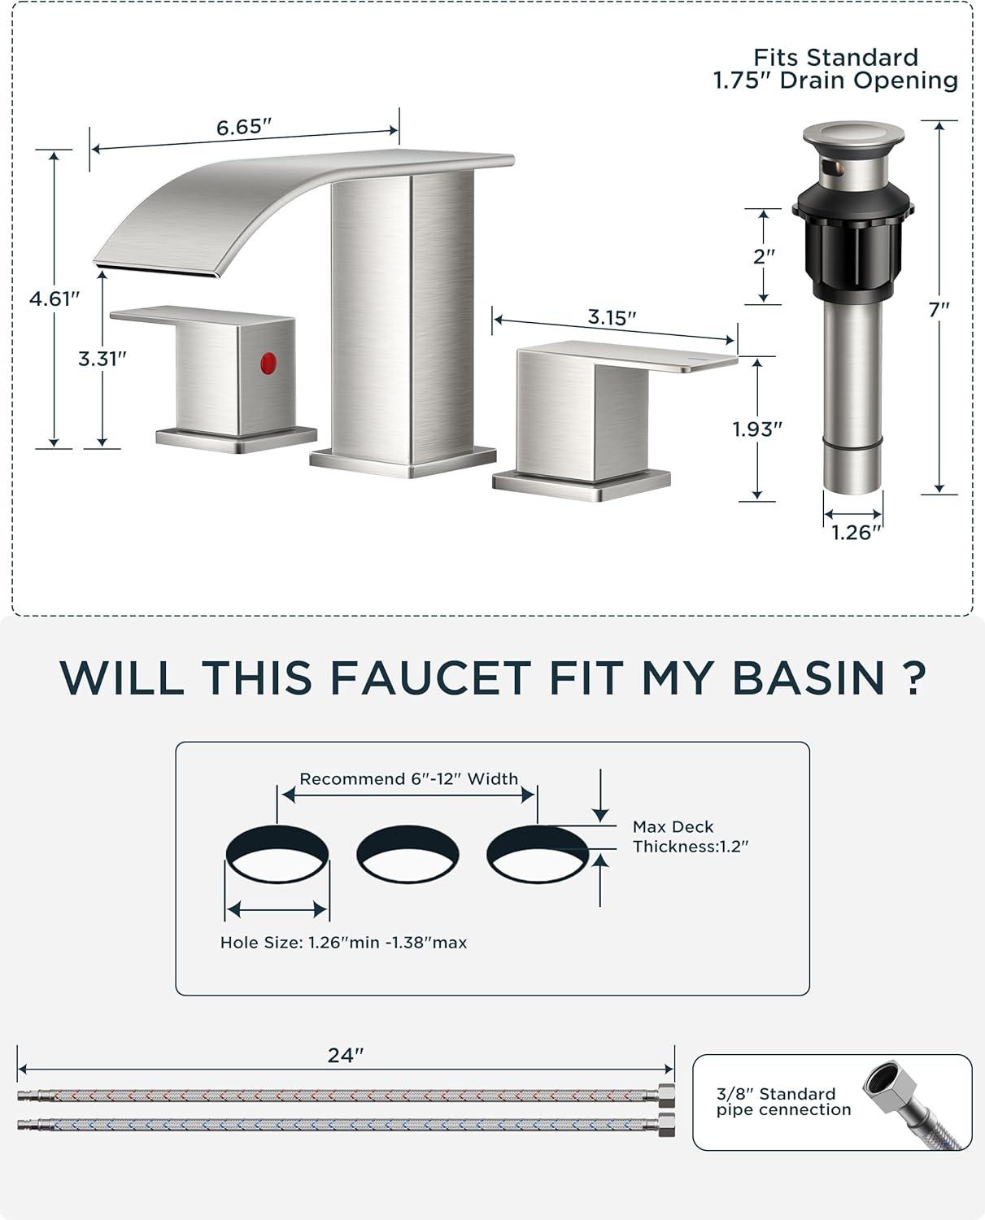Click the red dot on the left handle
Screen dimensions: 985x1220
pyautogui.click(x=268, y=363)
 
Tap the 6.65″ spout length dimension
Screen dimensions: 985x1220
pyautogui.click(x=243, y=127)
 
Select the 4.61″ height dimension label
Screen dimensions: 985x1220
pyautogui.click(x=54, y=298)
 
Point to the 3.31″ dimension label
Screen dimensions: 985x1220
pyautogui.click(x=102, y=359)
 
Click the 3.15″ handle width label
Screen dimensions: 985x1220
pyautogui.click(x=612, y=316)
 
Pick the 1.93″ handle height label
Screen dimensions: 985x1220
pyautogui.click(x=757, y=429)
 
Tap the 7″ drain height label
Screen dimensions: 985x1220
pyautogui.click(x=939, y=310)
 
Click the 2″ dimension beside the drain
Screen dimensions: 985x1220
pyautogui.click(x=764, y=256)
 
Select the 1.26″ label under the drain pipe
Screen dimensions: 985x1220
pyautogui.click(x=856, y=533)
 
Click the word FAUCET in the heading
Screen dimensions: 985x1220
pyautogui.click(x=430, y=679)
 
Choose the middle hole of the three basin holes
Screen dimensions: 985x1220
pyautogui.click(x=408, y=854)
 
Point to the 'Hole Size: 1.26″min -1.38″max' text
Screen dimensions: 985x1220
pyautogui.click(x=343, y=942)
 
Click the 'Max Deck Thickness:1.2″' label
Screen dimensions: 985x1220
pyautogui.click(x=690, y=836)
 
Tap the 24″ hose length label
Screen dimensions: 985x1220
pyautogui.click(x=346, y=1055)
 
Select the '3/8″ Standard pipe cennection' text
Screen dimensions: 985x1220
pyautogui.click(x=783, y=1101)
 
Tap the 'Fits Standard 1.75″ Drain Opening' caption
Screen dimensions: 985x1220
pyautogui.click(x=835, y=69)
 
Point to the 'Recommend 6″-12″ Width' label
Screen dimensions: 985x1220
pyautogui.click(x=408, y=779)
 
